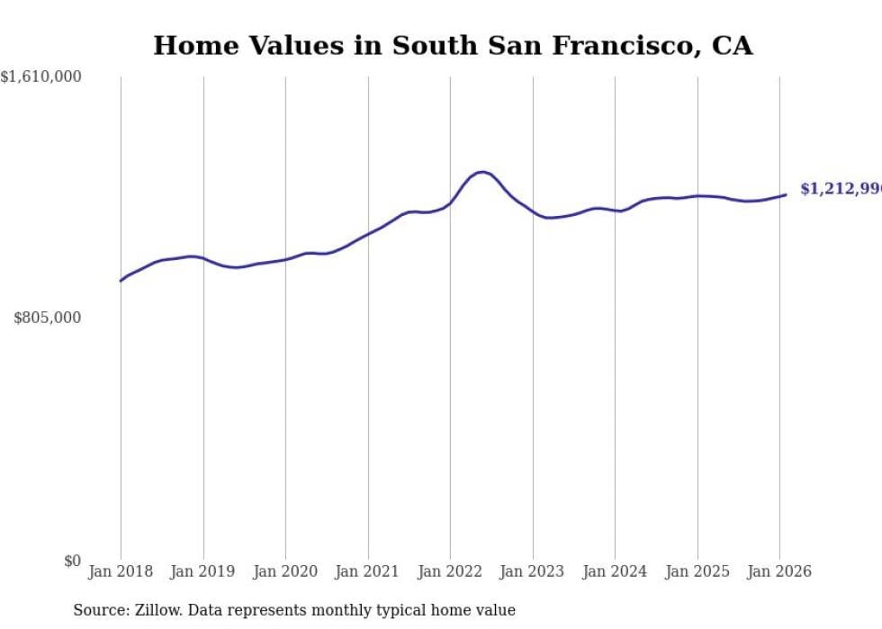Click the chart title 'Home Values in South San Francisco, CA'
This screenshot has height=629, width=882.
[x=453, y=46]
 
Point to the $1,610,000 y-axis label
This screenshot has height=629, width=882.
[x=40, y=77]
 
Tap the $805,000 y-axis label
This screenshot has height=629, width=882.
[x=47, y=318]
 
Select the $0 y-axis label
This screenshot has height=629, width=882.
[x=72, y=561]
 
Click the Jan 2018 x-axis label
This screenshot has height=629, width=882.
[x=121, y=571]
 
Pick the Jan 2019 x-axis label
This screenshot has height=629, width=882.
[x=203, y=571]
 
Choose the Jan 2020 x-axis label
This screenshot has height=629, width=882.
[x=285, y=571]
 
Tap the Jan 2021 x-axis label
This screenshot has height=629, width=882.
[x=368, y=571]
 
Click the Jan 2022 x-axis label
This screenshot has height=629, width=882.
[x=450, y=571]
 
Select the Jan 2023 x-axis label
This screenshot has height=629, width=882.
[x=533, y=571]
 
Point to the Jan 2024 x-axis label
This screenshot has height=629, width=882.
[x=615, y=571]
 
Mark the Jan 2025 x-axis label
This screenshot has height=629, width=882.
[x=697, y=571]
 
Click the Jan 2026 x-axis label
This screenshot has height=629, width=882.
[x=779, y=571]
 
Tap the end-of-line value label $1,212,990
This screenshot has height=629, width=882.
[x=840, y=189]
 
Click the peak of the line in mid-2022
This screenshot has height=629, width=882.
[x=482, y=172]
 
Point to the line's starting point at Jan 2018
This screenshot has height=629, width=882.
[x=121, y=281]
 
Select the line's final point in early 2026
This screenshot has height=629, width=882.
[x=786, y=194]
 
